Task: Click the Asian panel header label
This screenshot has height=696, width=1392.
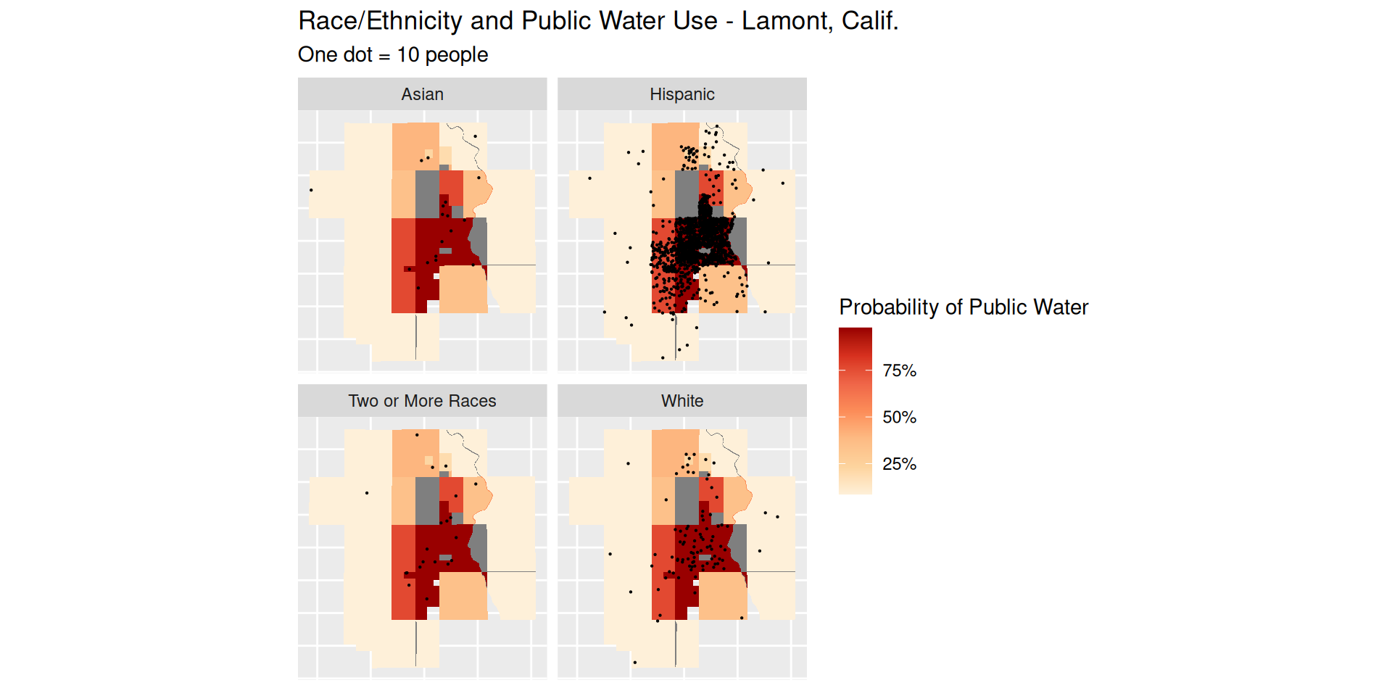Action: click(x=422, y=94)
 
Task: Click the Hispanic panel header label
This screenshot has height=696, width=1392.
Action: click(x=681, y=94)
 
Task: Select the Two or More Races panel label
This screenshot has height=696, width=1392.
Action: click(x=422, y=401)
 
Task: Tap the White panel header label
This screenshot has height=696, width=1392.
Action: click(x=681, y=401)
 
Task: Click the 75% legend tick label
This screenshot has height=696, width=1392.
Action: click(x=899, y=370)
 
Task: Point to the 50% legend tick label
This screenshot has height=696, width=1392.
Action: click(x=899, y=417)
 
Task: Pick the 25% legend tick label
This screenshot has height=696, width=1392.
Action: click(x=899, y=464)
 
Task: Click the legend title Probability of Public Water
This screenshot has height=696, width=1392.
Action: click(x=963, y=307)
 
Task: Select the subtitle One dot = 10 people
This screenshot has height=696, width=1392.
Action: click(x=393, y=55)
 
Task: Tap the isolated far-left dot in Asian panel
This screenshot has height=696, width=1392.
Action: click(x=311, y=190)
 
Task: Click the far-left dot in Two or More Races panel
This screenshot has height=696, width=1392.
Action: click(x=367, y=493)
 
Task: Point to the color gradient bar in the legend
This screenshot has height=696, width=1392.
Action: click(x=855, y=410)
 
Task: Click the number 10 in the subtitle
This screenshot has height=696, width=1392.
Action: click(x=408, y=55)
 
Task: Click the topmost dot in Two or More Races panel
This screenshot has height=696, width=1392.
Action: click(x=417, y=435)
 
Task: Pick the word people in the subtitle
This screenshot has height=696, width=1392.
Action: click(x=456, y=55)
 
